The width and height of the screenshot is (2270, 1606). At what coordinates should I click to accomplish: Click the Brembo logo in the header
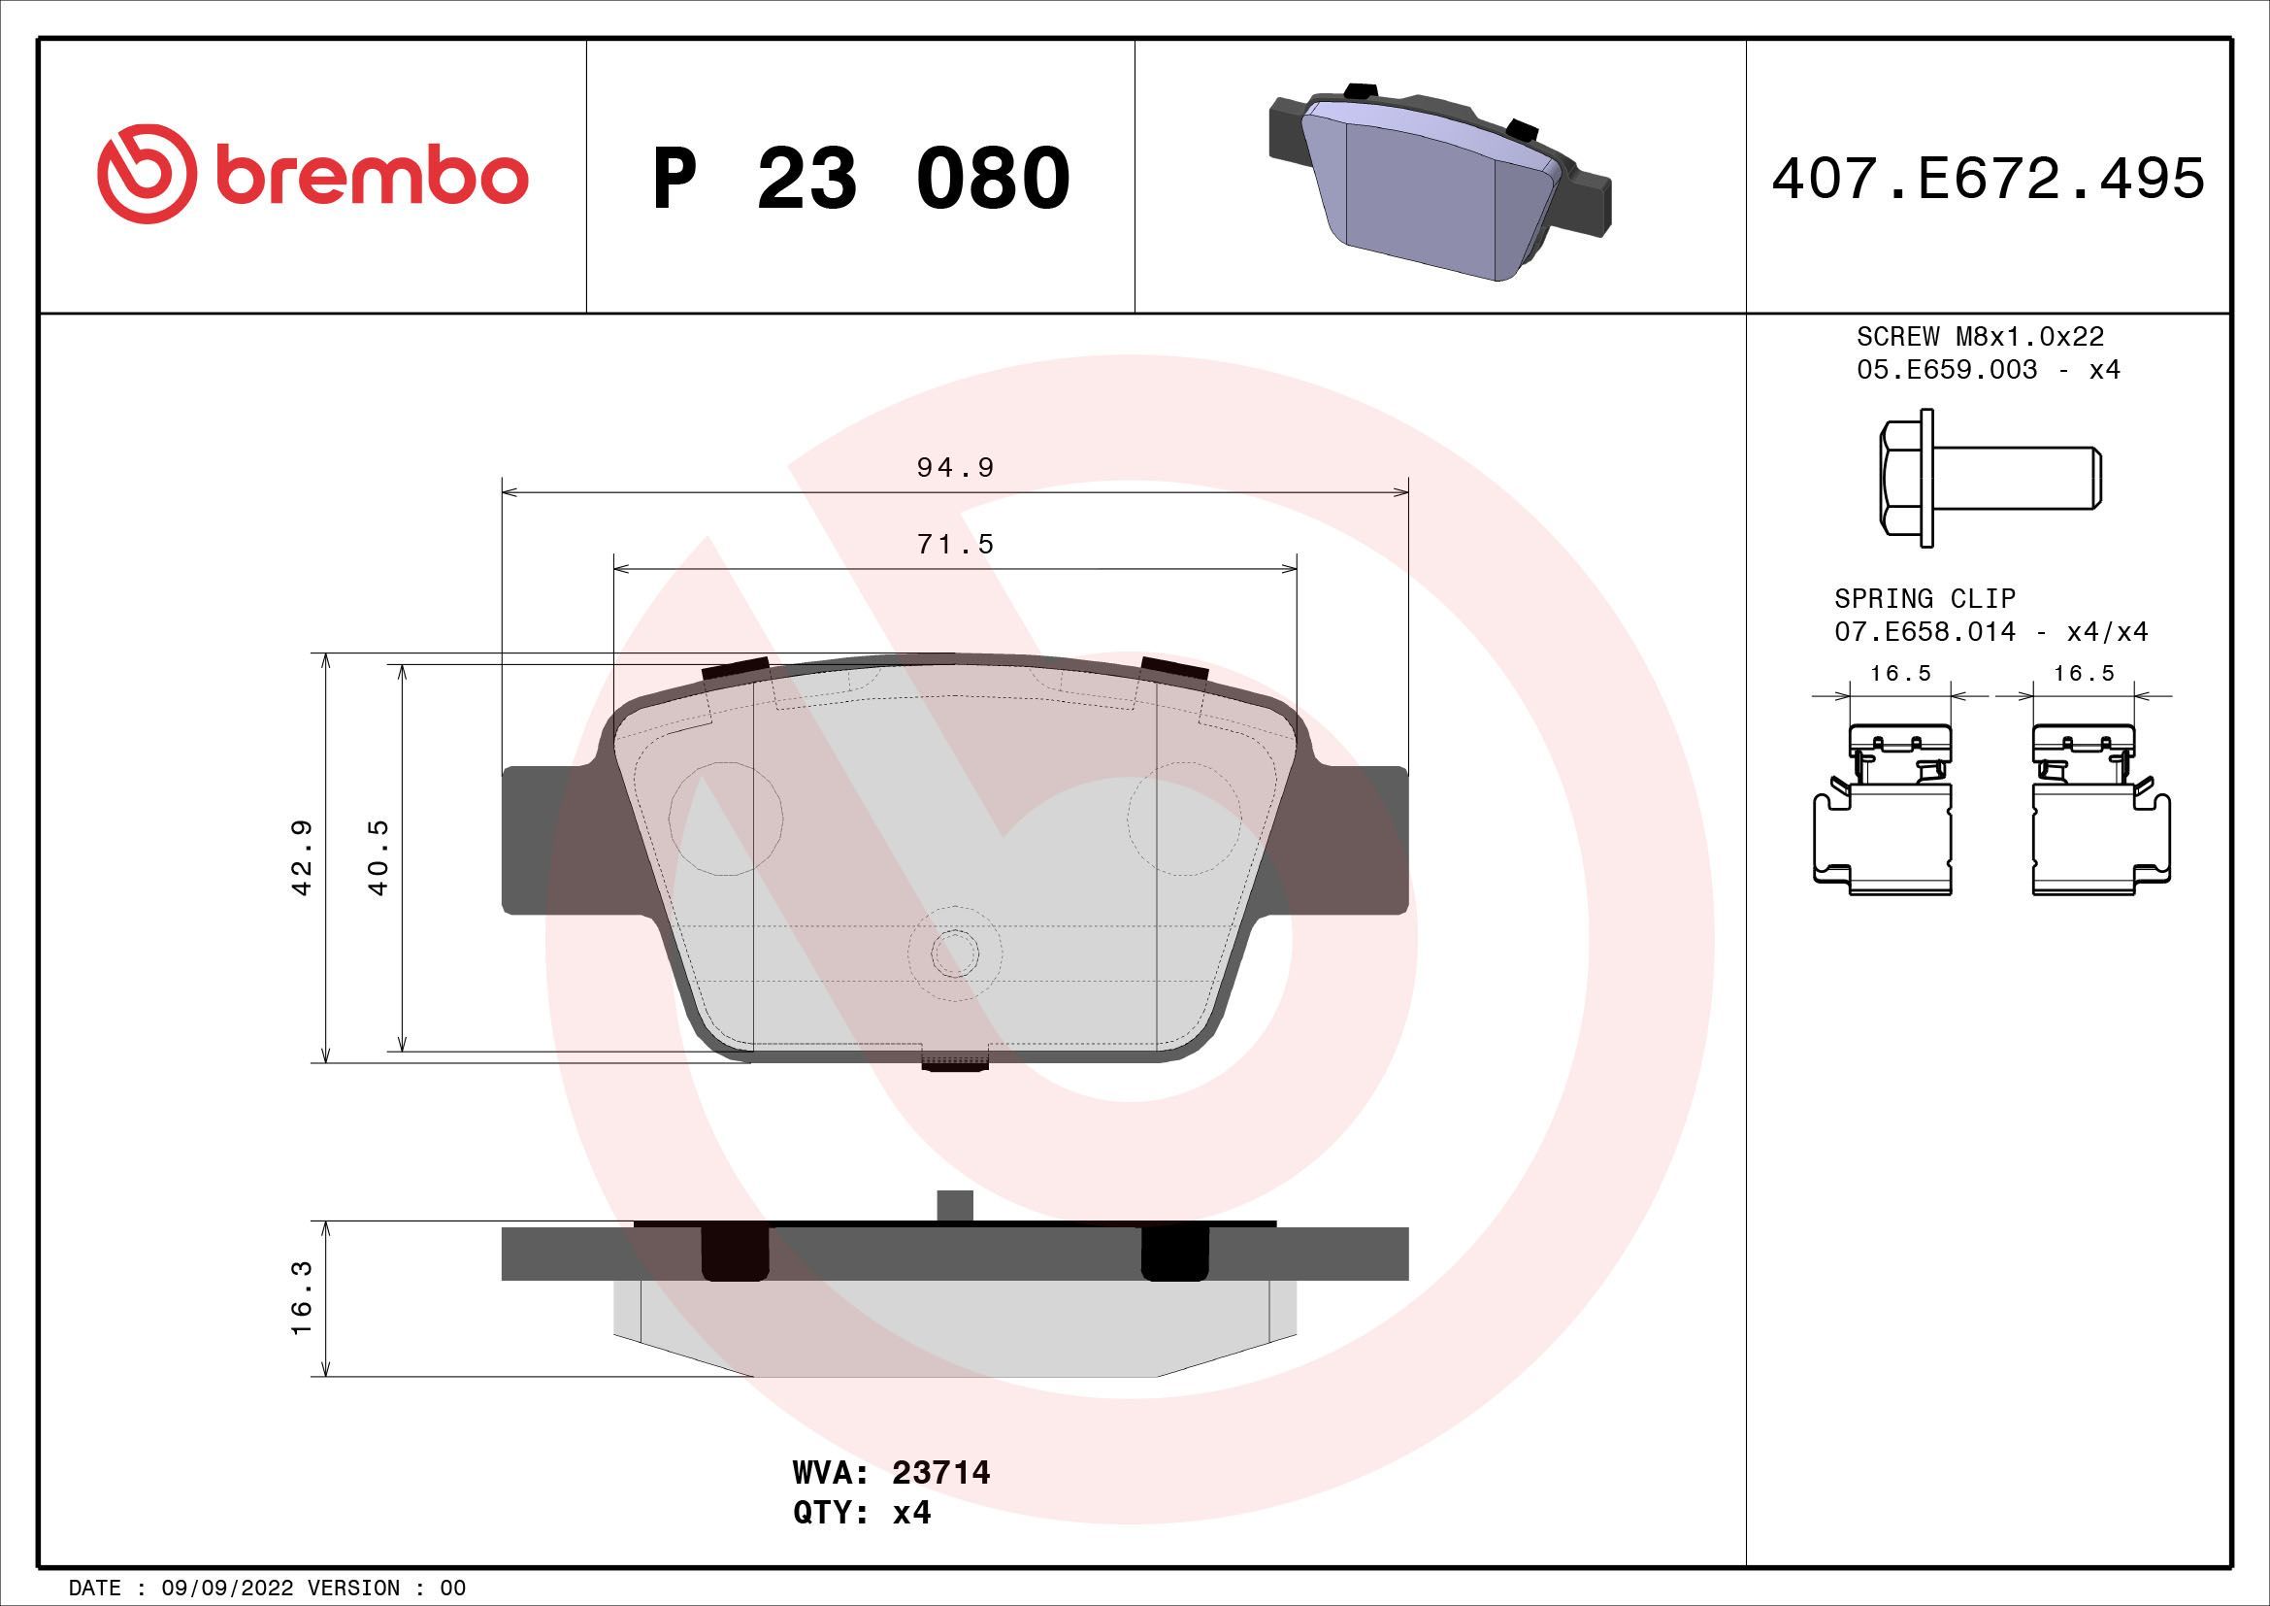tap(313, 175)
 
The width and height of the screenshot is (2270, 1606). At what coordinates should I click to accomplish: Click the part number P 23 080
tap(860, 179)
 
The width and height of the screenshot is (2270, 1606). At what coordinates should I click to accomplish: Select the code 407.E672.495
tap(1989, 179)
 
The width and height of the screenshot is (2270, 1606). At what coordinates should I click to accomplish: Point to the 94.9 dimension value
tap(955, 467)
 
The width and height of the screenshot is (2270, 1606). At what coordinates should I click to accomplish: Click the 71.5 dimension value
tap(955, 544)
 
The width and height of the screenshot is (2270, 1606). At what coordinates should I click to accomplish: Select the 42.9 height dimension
tap(303, 857)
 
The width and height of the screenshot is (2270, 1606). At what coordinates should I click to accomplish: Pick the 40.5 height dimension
tap(378, 857)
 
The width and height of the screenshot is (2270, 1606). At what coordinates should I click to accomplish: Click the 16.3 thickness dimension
tap(303, 1297)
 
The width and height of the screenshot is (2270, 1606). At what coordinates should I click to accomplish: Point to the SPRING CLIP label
tap(1924, 598)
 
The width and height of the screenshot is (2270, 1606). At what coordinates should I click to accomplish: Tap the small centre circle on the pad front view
tap(955, 952)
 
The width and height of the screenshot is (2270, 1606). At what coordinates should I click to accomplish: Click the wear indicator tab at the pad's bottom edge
tap(955, 1062)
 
